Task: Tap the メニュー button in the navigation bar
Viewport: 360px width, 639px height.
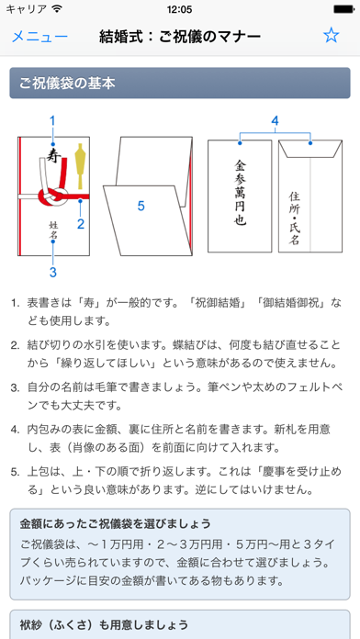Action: [39, 37]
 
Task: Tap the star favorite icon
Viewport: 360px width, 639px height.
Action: [331, 36]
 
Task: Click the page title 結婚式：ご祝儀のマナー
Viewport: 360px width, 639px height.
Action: [180, 37]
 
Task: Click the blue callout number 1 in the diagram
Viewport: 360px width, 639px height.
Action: [52, 120]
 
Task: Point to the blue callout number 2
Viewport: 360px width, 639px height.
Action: [81, 223]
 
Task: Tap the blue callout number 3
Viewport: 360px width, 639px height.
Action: [52, 273]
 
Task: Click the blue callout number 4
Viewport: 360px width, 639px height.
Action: [276, 120]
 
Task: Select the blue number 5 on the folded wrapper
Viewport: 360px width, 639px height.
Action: [141, 206]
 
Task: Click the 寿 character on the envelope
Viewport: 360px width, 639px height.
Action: [51, 154]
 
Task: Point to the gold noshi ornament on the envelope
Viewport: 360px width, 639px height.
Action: [80, 163]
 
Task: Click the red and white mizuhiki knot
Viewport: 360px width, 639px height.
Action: [52, 197]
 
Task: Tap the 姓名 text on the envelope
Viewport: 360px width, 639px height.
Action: [53, 230]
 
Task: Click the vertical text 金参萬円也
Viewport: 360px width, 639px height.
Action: [240, 192]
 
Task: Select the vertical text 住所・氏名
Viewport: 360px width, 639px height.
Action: [294, 218]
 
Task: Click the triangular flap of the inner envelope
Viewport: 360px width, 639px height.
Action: [310, 150]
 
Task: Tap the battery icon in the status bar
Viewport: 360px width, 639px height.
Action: [343, 9]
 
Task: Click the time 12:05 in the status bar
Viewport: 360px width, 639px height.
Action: [179, 9]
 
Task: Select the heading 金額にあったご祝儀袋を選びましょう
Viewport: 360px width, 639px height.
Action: [116, 523]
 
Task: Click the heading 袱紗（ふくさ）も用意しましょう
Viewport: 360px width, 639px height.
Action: [104, 624]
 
